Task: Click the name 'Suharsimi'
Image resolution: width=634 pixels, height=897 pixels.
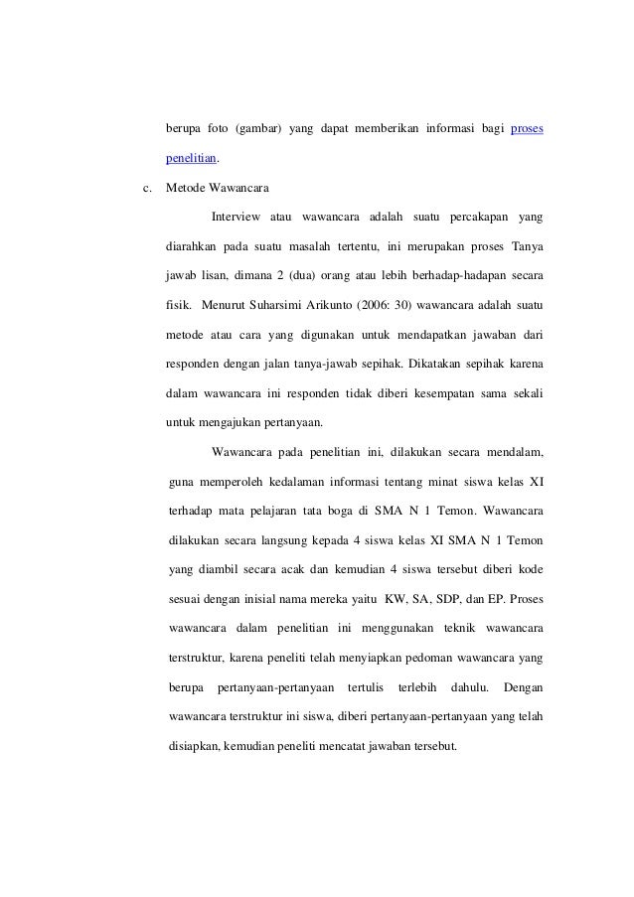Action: (311, 299)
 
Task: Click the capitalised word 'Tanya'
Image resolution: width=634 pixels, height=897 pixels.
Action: (526, 243)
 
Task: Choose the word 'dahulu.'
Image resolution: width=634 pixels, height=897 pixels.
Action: (471, 685)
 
